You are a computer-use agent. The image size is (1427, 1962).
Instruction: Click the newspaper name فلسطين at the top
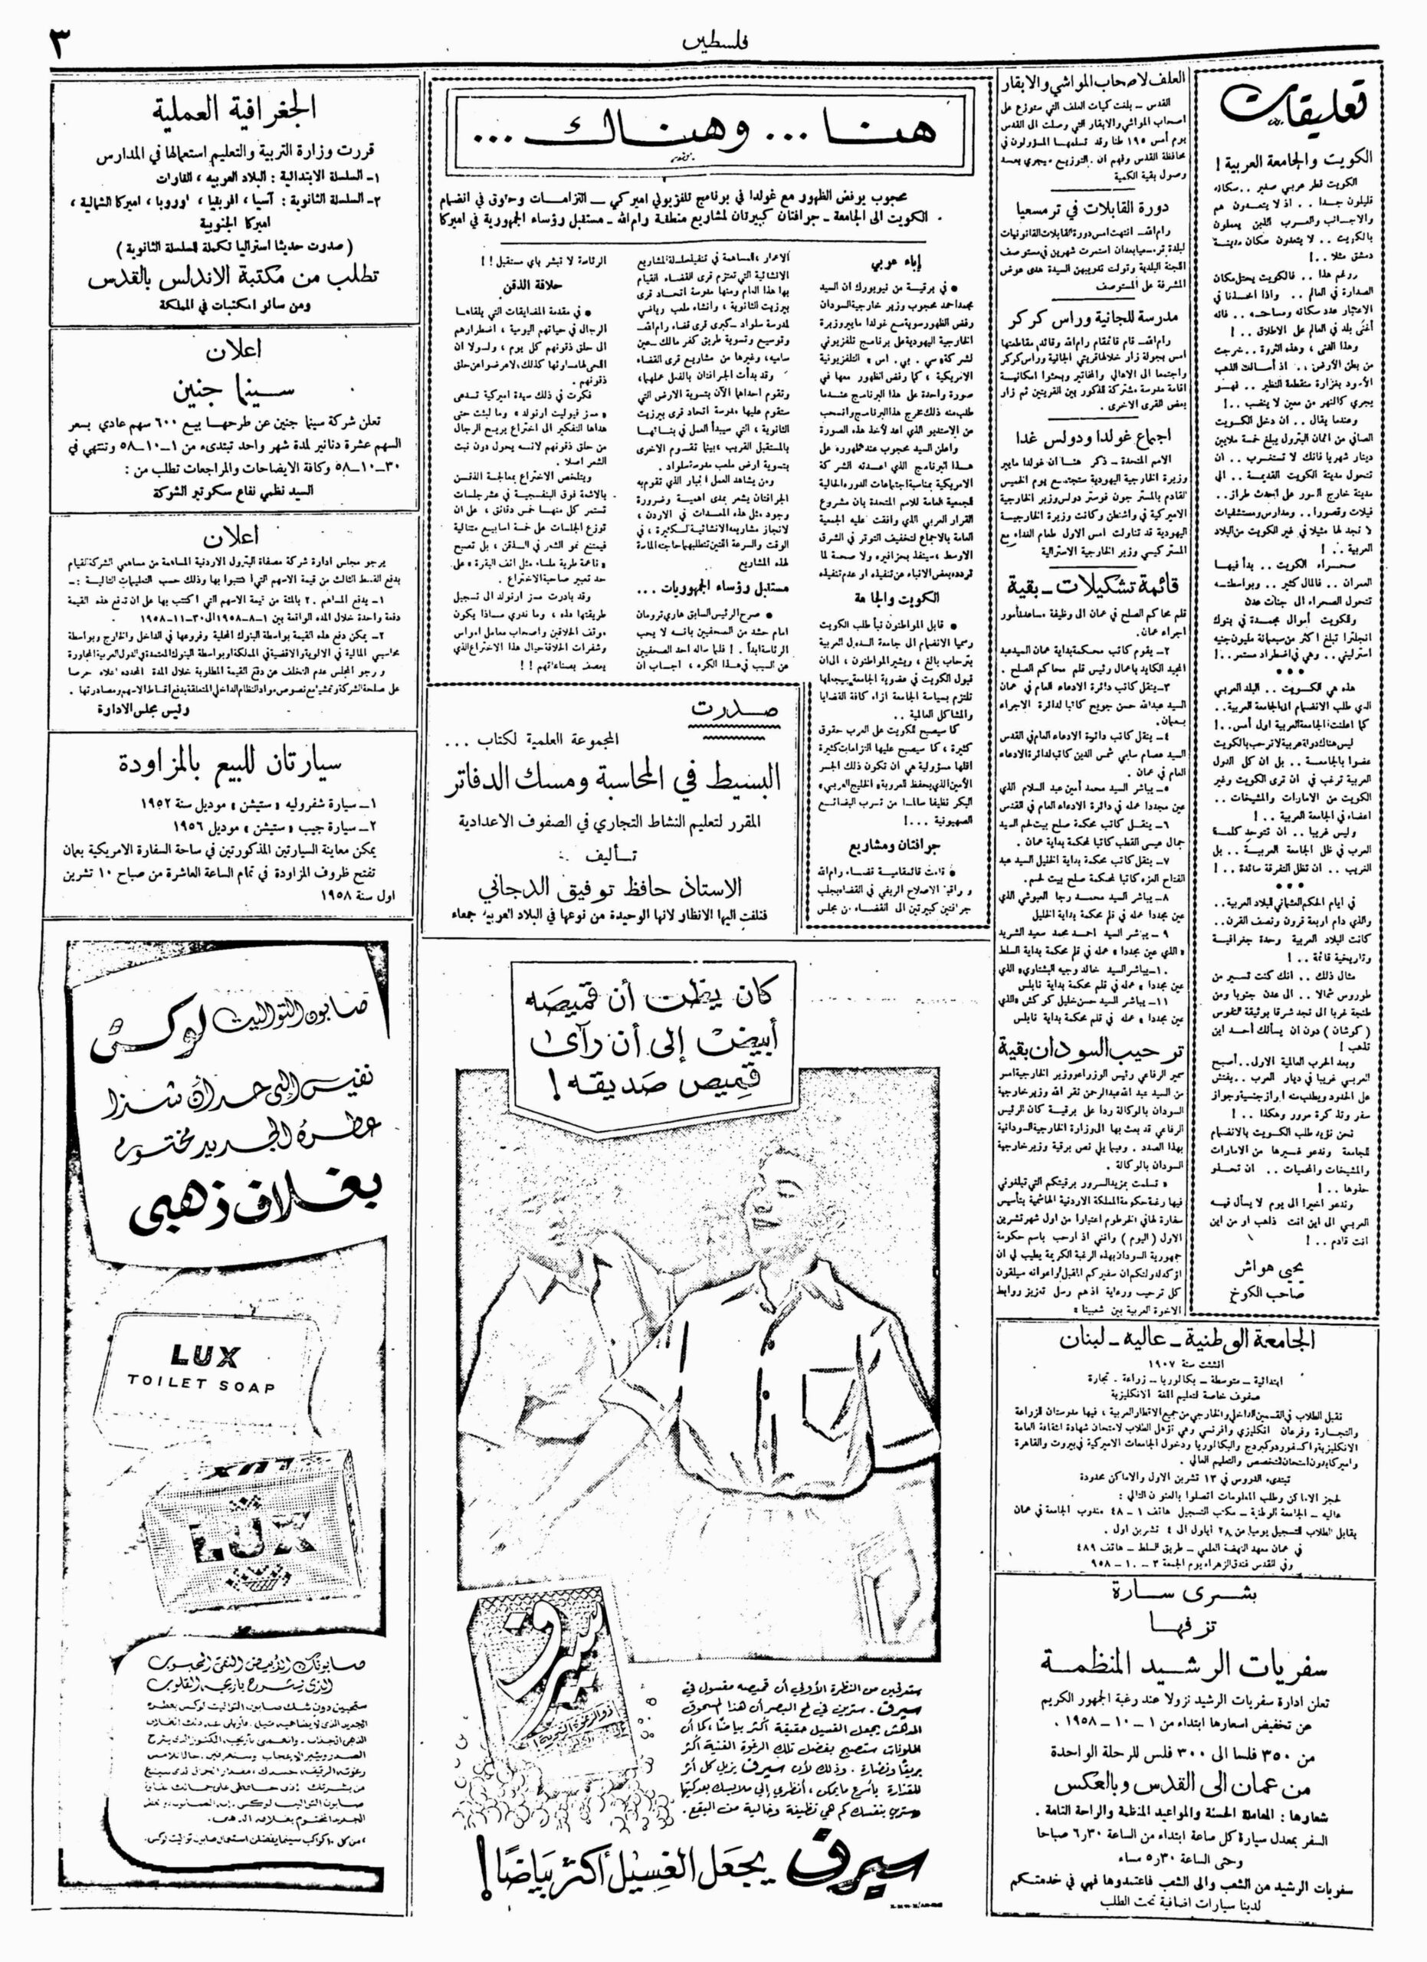(x=714, y=41)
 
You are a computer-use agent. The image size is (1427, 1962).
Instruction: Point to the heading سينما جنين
(x=228, y=391)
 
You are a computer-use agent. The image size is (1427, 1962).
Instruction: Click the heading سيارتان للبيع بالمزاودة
(x=229, y=763)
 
